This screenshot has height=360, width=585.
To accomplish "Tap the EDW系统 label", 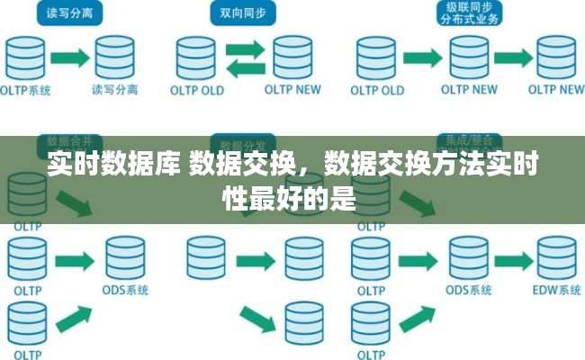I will point(556,291).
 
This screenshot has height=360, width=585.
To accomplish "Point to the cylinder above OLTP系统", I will point(27,57).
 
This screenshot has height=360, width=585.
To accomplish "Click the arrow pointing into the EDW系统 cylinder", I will point(515,257).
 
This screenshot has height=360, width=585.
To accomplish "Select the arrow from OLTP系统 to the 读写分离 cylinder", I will point(69,57).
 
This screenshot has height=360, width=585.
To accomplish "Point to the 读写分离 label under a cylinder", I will point(115,90).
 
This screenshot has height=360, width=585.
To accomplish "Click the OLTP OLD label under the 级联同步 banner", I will point(377,90).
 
